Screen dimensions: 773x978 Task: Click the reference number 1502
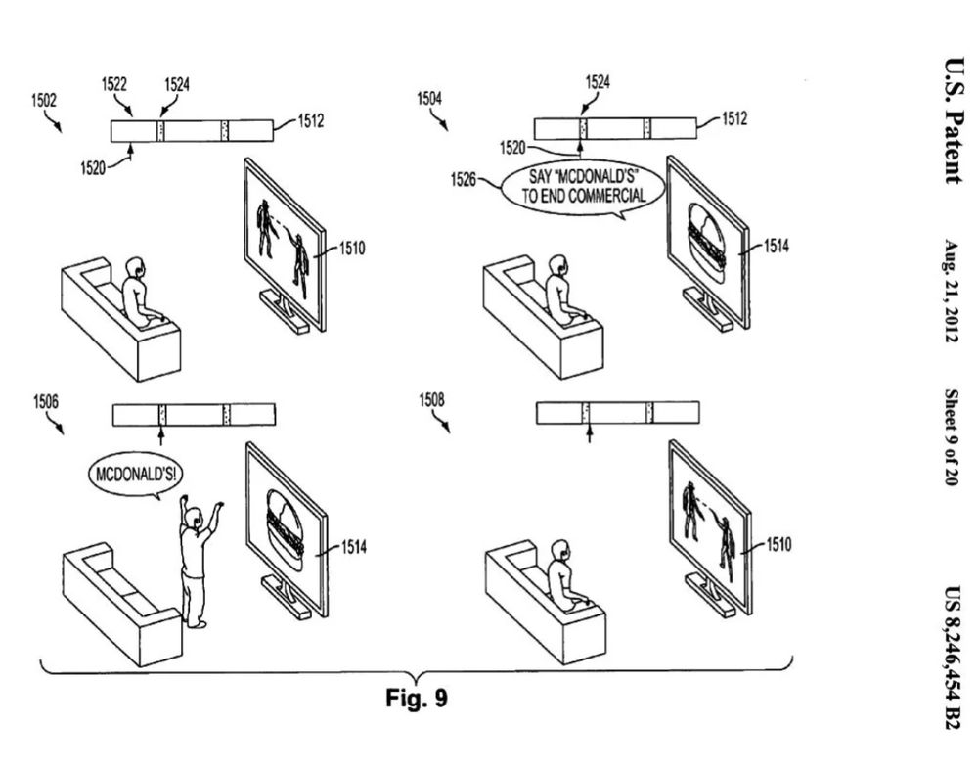[43, 99]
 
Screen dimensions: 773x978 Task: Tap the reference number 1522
[114, 86]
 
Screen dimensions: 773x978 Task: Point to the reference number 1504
[430, 99]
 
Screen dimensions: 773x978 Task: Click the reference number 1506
[46, 402]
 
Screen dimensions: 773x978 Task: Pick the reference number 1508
[430, 401]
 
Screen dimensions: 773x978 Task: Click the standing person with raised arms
[198, 558]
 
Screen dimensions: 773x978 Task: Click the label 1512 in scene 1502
[310, 121]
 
